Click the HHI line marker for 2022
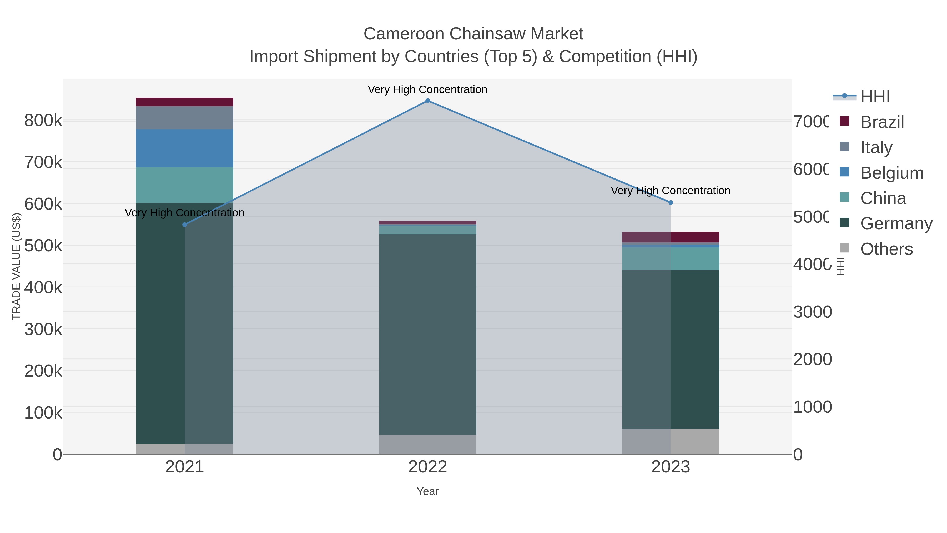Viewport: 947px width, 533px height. pyautogui.click(x=427, y=101)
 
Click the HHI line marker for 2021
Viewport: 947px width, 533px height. pyautogui.click(x=185, y=225)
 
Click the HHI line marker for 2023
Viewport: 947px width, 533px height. pyautogui.click(x=671, y=203)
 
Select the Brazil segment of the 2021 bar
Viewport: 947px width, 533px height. pyautogui.click(x=185, y=102)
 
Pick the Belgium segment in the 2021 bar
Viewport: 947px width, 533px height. pyautogui.click(x=185, y=148)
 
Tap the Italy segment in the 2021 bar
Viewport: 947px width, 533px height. pyautogui.click(x=185, y=118)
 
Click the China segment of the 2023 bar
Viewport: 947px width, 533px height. pyautogui.click(x=671, y=258)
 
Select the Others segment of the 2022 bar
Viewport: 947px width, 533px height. pyautogui.click(x=427, y=444)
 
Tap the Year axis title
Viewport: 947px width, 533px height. pyautogui.click(x=427, y=491)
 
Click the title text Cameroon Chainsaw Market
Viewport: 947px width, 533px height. pyautogui.click(x=473, y=34)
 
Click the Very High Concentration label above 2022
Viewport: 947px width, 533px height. pyautogui.click(x=427, y=89)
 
